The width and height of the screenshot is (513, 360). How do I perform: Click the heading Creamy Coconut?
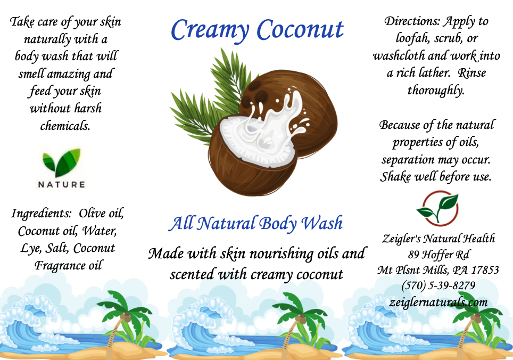point(257,30)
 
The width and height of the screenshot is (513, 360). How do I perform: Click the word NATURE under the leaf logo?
point(62,185)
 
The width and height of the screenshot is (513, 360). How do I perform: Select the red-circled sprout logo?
point(438,209)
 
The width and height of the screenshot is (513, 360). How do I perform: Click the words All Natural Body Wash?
point(255,224)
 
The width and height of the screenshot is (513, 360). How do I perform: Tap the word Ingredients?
point(41,214)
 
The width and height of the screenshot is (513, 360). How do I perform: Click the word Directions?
point(412,21)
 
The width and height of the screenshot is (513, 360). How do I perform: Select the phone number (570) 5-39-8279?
point(438,285)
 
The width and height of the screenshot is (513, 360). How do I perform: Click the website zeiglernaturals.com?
point(438,302)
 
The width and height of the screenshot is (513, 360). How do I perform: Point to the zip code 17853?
point(485,270)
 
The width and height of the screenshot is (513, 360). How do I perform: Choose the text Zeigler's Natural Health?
point(438,239)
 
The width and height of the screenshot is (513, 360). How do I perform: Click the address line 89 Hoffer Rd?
point(438,255)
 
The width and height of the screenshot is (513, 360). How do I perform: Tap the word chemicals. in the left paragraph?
point(65,126)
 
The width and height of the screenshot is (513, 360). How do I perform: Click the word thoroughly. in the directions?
point(436,90)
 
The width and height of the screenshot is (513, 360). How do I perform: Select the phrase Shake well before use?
point(436,177)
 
